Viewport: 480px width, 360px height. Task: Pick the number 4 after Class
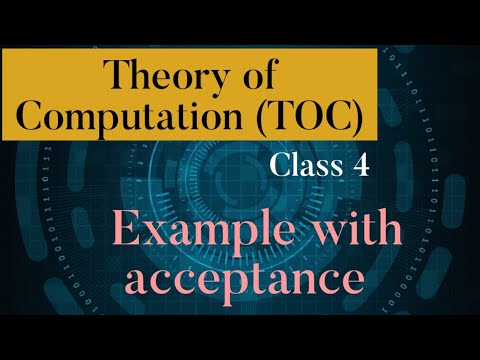(x=359, y=167)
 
